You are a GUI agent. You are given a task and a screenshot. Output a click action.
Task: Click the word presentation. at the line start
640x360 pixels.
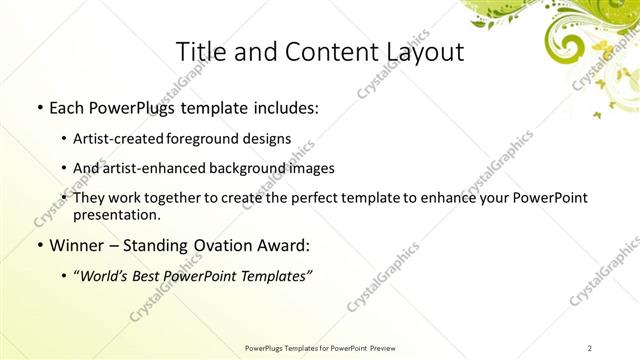[x=116, y=214]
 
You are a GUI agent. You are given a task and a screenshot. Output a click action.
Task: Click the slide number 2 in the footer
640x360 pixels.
[x=590, y=347]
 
